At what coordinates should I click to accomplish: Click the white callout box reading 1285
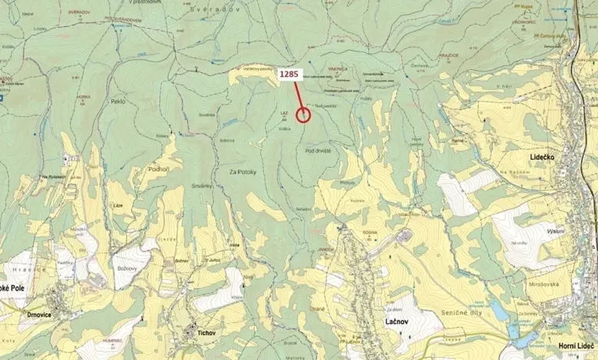pyautogui.click(x=289, y=74)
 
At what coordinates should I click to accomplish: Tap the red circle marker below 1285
pyautogui.click(x=303, y=115)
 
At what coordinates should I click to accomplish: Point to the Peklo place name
pyautogui.click(x=118, y=102)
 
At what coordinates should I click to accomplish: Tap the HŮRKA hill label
pyautogui.click(x=84, y=95)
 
